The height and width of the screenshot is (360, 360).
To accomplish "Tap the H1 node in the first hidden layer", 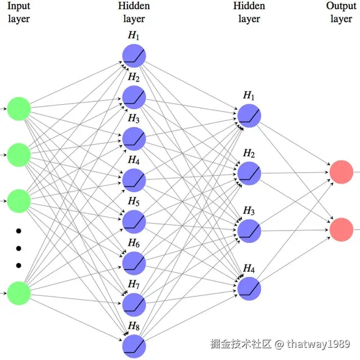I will [134, 55].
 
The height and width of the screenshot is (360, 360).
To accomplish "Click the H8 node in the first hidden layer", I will [134, 345].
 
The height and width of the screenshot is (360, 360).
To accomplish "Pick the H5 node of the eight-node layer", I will [134, 221].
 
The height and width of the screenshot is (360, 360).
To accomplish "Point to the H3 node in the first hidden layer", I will [134, 138].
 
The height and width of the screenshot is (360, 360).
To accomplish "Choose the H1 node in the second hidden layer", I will [249, 115].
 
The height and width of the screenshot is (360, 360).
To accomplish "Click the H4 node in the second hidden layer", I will [249, 287].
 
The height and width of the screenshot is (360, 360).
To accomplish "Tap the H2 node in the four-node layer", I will [249, 172].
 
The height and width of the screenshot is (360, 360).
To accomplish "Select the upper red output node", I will [341, 172].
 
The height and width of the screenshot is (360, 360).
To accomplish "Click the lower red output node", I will [341, 230].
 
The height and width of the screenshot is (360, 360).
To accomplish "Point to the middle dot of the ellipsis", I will [18, 248].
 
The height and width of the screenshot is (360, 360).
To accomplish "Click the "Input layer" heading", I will [18, 12].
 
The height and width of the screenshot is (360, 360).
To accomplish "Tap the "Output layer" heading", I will [341, 12].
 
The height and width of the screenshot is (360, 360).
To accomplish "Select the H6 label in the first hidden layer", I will [133, 243].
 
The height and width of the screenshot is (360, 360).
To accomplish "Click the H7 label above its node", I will [133, 284].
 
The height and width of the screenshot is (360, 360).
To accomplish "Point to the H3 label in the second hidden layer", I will [249, 211].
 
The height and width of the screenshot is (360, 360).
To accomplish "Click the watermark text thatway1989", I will [320, 343].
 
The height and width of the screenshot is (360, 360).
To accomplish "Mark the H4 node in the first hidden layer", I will [134, 180].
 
